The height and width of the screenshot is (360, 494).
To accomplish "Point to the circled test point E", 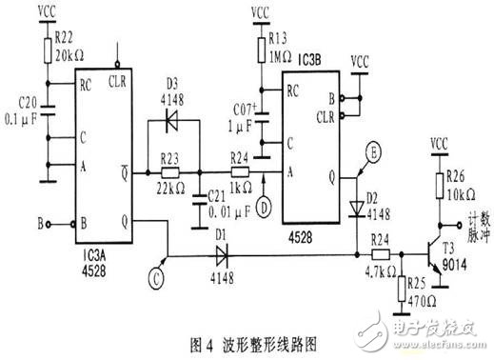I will [x=374, y=149].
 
